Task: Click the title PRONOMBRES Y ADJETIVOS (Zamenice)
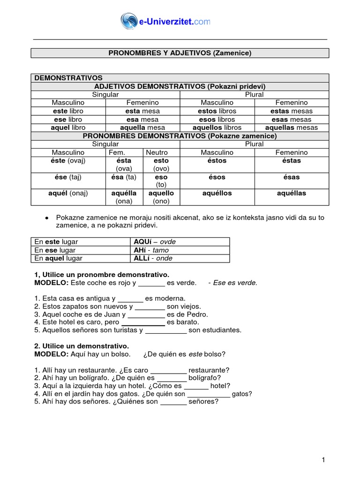[x=180, y=53]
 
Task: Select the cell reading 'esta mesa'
[x=142, y=111]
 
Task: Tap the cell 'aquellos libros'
[x=217, y=127]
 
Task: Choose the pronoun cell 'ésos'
[x=217, y=177]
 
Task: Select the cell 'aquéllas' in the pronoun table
[x=291, y=193]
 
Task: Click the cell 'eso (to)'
[x=161, y=181]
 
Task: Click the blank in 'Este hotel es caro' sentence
[x=143, y=322]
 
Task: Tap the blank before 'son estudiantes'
[x=166, y=330]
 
